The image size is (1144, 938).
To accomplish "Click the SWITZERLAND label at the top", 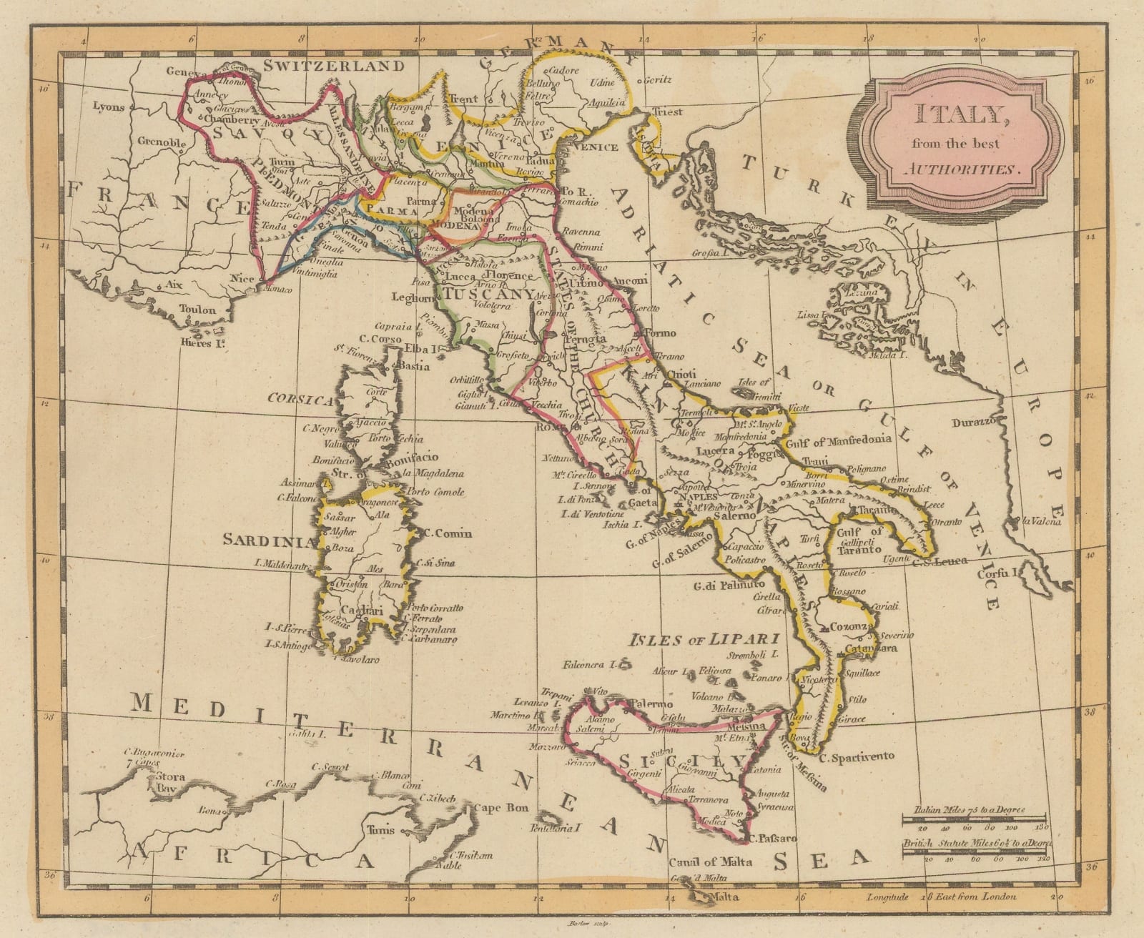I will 334,66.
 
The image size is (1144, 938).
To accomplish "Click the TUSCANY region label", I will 488,294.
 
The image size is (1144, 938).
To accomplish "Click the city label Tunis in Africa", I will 378,831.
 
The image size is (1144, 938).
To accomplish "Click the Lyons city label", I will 109,108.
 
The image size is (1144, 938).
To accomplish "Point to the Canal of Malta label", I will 711,862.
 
